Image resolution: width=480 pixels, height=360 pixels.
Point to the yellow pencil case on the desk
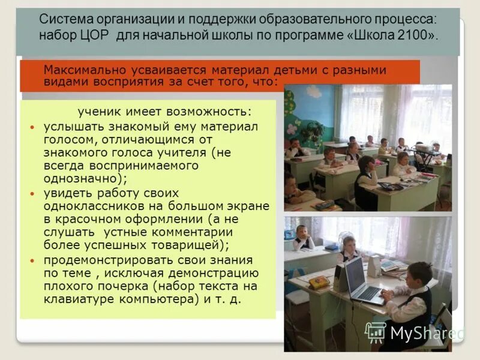coord(319,282)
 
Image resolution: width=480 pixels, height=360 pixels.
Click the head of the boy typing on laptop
coord(419,274)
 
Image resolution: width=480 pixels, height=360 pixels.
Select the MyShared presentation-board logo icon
coord(376,332)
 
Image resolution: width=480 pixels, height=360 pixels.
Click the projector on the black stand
coord(424,148)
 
